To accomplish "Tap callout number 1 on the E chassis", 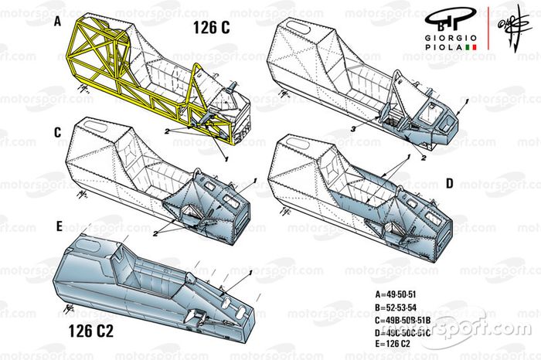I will point(251,275).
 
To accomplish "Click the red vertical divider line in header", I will point(486,31).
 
